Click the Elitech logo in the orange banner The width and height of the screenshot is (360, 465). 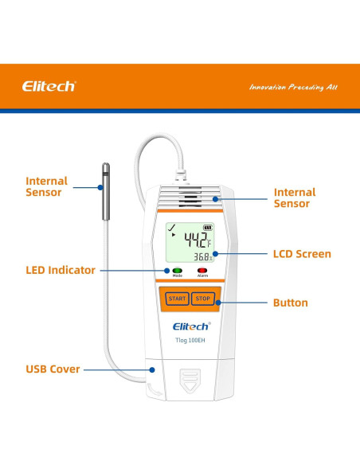click(x=49, y=86)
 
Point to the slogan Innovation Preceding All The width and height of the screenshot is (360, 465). click(x=292, y=86)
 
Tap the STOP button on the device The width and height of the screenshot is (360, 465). click(x=202, y=299)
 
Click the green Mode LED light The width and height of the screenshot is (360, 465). click(x=177, y=271)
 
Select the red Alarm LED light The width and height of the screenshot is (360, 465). click(x=202, y=271)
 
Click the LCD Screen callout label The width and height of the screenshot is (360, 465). click(x=303, y=255)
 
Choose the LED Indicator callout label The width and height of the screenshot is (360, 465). click(x=61, y=271)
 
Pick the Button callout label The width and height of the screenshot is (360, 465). click(x=291, y=303)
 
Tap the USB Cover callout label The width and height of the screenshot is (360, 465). click(x=53, y=370)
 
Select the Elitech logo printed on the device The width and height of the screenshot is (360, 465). click(x=190, y=326)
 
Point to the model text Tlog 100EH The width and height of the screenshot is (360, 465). click(x=190, y=341)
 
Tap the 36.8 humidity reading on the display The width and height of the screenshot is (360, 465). click(x=203, y=256)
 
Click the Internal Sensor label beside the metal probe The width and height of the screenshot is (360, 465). click(x=47, y=187)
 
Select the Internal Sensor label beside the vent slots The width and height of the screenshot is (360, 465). click(x=295, y=198)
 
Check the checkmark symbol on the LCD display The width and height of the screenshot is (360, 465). click(x=170, y=229)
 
